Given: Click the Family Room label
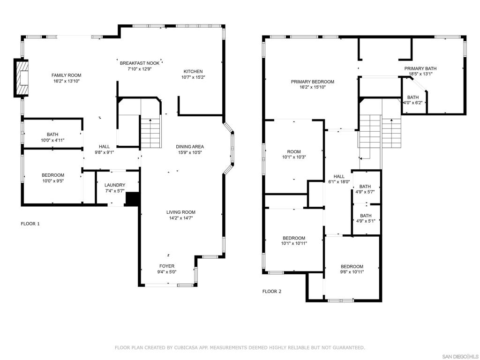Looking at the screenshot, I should [66, 75].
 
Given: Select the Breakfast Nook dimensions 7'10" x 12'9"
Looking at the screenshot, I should [139, 69].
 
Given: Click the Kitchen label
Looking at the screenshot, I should [193, 71].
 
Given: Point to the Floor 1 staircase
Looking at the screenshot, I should [150, 133].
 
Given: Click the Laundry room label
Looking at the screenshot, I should [114, 185].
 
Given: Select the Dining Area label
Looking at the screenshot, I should [190, 146].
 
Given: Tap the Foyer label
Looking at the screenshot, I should [166, 266].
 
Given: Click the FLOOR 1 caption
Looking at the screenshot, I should [30, 224].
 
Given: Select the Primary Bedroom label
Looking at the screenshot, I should [312, 82].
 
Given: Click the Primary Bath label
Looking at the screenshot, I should [420, 68].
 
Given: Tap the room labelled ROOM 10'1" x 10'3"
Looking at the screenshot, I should [293, 154].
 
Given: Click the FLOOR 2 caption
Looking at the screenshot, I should [272, 291].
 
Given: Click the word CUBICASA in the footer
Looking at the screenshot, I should [186, 347].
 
